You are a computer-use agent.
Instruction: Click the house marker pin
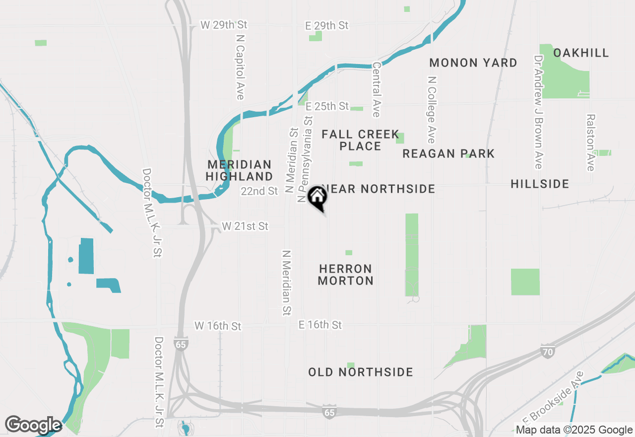(317, 198)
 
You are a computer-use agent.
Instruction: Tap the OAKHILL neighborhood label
(581, 53)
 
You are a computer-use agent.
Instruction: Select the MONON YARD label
(473, 63)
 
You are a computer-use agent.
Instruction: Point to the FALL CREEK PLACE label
(360, 140)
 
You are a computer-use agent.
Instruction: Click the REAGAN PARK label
(448, 154)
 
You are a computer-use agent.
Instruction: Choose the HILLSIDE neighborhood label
(540, 184)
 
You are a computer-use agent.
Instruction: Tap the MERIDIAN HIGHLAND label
(240, 170)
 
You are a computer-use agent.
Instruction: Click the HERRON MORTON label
(346, 275)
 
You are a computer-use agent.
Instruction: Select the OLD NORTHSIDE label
(361, 372)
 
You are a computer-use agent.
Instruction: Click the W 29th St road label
(223, 25)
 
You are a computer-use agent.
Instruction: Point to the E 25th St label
(327, 107)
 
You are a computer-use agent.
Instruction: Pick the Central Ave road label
(376, 89)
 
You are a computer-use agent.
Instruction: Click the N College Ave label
(431, 110)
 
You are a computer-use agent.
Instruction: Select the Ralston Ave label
(590, 143)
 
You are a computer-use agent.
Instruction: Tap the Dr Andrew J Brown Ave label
(538, 112)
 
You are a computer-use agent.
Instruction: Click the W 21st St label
(245, 226)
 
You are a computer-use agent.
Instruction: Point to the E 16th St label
(320, 325)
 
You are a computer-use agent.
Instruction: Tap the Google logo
(33, 425)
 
